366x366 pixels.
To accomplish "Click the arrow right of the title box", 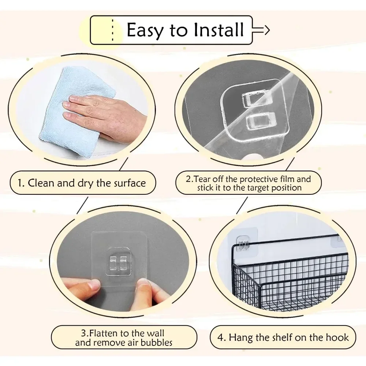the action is (x=261, y=30).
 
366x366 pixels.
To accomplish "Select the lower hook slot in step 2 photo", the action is (x=261, y=121).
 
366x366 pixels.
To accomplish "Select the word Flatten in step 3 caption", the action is (x=104, y=333).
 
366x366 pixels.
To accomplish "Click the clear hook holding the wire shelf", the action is (x=243, y=243).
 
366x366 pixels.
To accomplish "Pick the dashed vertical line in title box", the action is (x=112, y=30).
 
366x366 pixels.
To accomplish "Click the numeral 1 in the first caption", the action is (x=20, y=183).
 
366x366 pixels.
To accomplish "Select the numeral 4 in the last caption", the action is (x=220, y=338).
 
